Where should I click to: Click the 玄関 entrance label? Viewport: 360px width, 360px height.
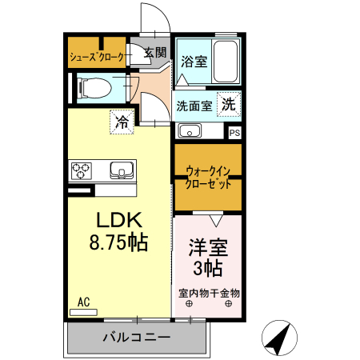coord(156,54)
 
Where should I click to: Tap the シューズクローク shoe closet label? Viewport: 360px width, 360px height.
coord(97,57)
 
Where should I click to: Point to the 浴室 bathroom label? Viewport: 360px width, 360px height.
coord(193,59)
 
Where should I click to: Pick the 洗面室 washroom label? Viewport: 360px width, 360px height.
coord(194,105)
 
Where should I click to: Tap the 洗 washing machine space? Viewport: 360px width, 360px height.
coord(228,104)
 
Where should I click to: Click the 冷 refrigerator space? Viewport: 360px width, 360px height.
coord(122,122)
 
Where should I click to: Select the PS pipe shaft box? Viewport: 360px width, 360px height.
coord(234,133)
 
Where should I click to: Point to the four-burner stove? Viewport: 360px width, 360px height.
coord(82,170)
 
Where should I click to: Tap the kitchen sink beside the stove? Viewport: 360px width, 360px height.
coord(122,170)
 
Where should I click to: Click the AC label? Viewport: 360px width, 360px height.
coord(83,302)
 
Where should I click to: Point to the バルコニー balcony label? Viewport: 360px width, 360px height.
coord(136,338)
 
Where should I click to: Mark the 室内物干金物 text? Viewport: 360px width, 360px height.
coord(208,293)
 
